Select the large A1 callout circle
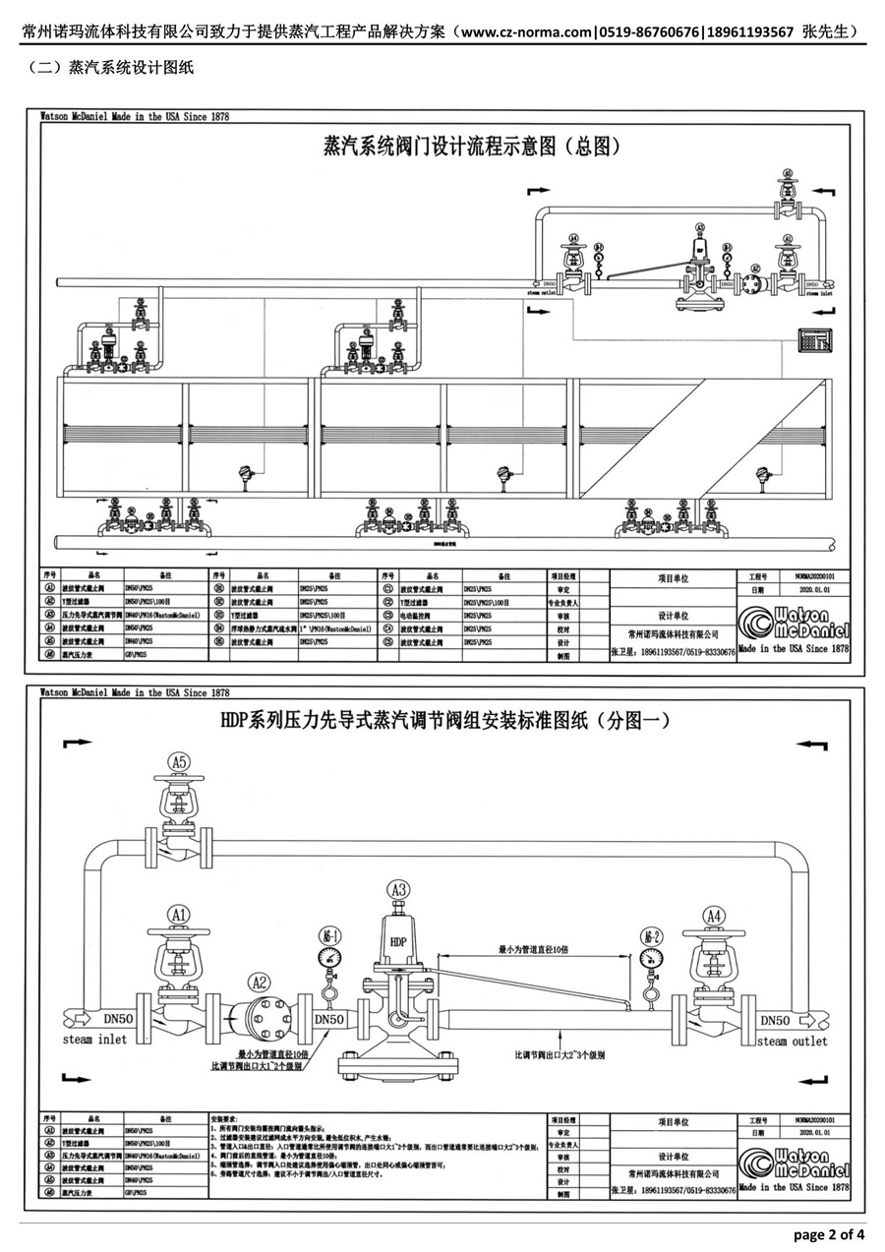pyautogui.click(x=178, y=915)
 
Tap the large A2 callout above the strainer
pyautogui.click(x=259, y=982)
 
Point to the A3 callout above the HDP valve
pyautogui.click(x=398, y=890)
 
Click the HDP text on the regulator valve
pyautogui.click(x=398, y=941)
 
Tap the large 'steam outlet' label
pyautogui.click(x=792, y=1041)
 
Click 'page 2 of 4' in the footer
pyautogui.click(x=829, y=1234)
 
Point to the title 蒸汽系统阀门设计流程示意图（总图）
pyautogui.click(x=471, y=148)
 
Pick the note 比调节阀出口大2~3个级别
pyautogui.click(x=560, y=1054)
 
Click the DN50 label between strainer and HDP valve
pyautogui.click(x=335, y=1020)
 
